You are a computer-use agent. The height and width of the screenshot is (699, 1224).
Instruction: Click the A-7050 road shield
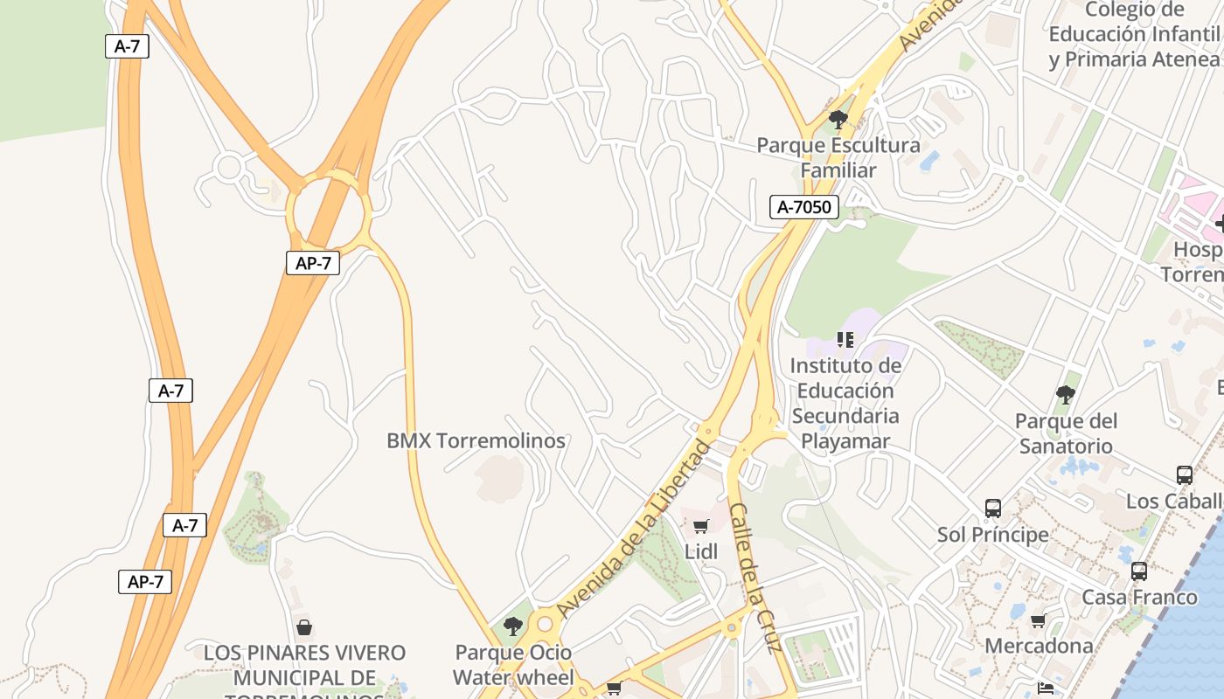pyautogui.click(x=804, y=207)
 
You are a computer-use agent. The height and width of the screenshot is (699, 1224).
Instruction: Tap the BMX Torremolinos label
pyautogui.click(x=476, y=440)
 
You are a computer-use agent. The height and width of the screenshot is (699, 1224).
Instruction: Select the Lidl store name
pyautogui.click(x=701, y=551)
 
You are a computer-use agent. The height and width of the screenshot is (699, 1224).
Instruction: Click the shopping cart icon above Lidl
pyautogui.click(x=700, y=526)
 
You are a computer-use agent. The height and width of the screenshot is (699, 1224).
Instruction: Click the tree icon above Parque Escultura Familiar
pyautogui.click(x=838, y=120)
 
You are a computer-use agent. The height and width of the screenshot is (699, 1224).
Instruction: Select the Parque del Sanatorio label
pyautogui.click(x=1066, y=433)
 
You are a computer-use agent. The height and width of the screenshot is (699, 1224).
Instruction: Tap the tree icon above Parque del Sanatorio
pyautogui.click(x=1065, y=395)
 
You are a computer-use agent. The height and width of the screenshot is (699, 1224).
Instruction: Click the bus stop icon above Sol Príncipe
pyautogui.click(x=992, y=508)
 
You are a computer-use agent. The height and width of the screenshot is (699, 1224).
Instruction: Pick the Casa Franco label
pyautogui.click(x=1139, y=598)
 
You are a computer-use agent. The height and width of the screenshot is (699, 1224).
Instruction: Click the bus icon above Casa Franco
pyautogui.click(x=1139, y=571)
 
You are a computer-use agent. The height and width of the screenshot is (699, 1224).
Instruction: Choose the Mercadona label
pyautogui.click(x=1039, y=646)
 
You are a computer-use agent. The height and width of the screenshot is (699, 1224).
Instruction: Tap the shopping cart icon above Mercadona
pyautogui.click(x=1038, y=620)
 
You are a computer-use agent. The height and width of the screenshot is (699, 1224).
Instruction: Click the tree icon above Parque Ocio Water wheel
pyautogui.click(x=513, y=626)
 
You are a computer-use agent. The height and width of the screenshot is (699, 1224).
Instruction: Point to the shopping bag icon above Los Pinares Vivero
pyautogui.click(x=304, y=626)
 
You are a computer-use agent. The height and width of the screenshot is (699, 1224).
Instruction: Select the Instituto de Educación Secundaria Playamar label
pyautogui.click(x=846, y=403)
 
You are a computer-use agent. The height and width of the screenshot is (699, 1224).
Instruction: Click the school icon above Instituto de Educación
pyautogui.click(x=845, y=339)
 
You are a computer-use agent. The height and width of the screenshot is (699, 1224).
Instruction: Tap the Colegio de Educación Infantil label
pyautogui.click(x=1134, y=35)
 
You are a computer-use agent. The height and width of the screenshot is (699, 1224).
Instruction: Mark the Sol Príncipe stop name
pyautogui.click(x=993, y=534)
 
